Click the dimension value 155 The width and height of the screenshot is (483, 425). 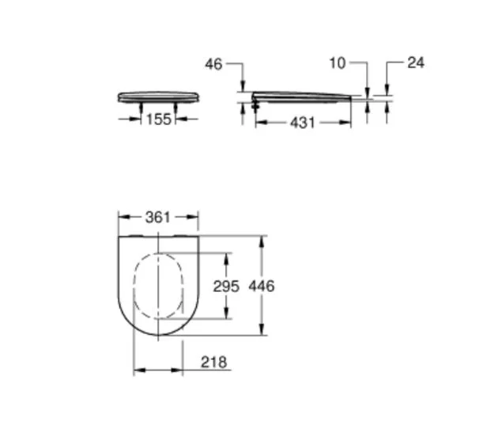point(157,120)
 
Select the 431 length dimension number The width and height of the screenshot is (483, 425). point(301,123)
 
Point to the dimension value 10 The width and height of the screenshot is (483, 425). point(338,63)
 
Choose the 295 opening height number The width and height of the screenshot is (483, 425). point(226,286)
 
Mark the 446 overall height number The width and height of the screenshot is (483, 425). point(261,286)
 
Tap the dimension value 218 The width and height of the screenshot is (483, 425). point(213,362)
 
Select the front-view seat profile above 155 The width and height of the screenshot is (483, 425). point(157,97)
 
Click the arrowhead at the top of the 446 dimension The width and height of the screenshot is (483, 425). point(260,240)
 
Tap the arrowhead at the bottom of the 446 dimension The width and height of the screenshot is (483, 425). point(260,332)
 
